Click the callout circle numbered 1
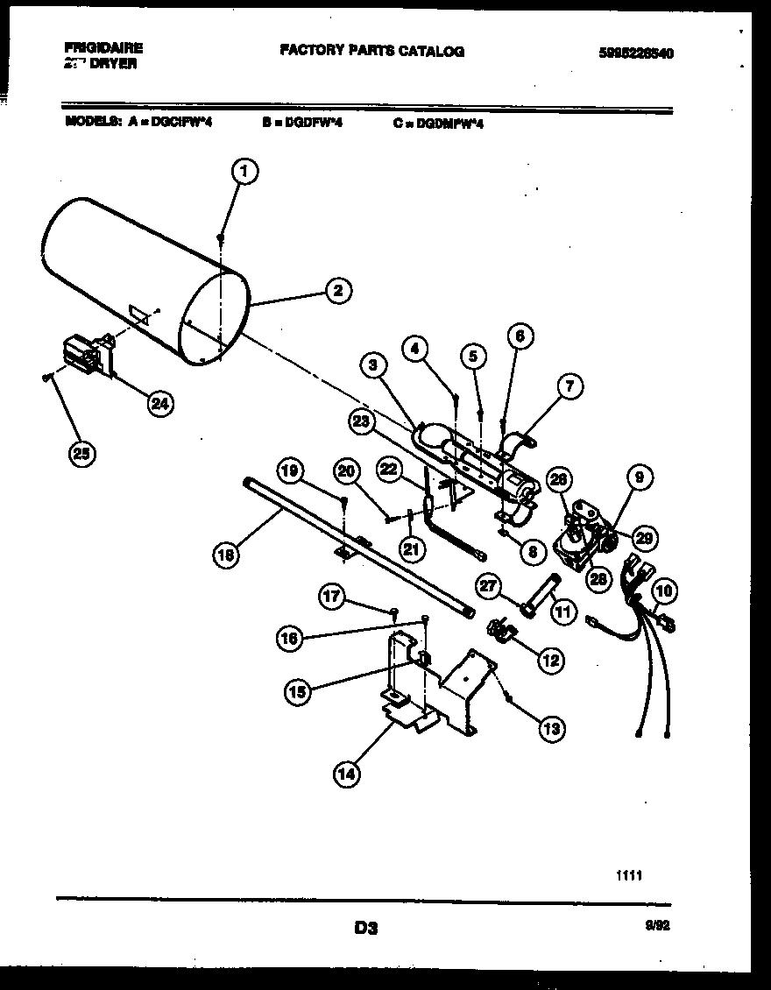pyautogui.click(x=246, y=172)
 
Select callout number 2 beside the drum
pyautogui.click(x=338, y=292)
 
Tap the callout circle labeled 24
pyautogui.click(x=159, y=403)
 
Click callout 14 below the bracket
pyautogui.click(x=347, y=773)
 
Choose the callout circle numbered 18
pyautogui.click(x=227, y=553)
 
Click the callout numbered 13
pyautogui.click(x=551, y=727)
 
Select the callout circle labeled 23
pyautogui.click(x=361, y=420)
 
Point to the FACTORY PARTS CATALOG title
pyautogui.click(x=371, y=51)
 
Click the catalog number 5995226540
pyautogui.click(x=636, y=53)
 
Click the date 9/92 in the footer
pyautogui.click(x=660, y=924)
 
